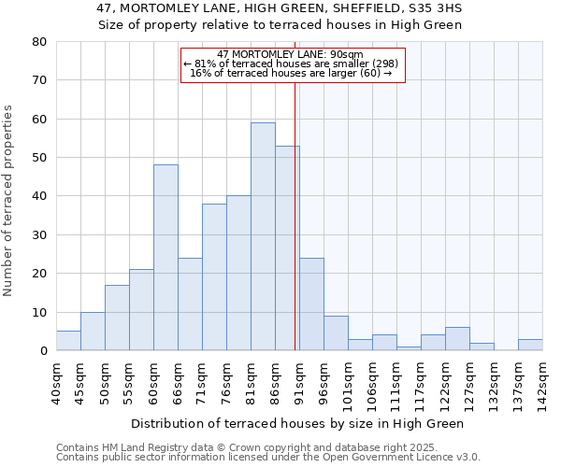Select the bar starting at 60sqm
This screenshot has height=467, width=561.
(x=165, y=258)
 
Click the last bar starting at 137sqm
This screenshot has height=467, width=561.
(x=530, y=345)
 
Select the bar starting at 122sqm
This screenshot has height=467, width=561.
(x=457, y=339)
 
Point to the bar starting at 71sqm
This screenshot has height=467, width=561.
(x=214, y=277)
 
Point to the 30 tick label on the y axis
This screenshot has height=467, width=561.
(x=38, y=235)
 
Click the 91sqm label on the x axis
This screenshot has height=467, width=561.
(x=299, y=381)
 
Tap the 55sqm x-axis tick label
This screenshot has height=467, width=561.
(x=129, y=381)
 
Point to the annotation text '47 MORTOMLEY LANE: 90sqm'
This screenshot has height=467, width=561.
(x=292, y=54)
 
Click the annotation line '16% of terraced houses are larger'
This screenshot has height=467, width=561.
(x=292, y=73)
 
